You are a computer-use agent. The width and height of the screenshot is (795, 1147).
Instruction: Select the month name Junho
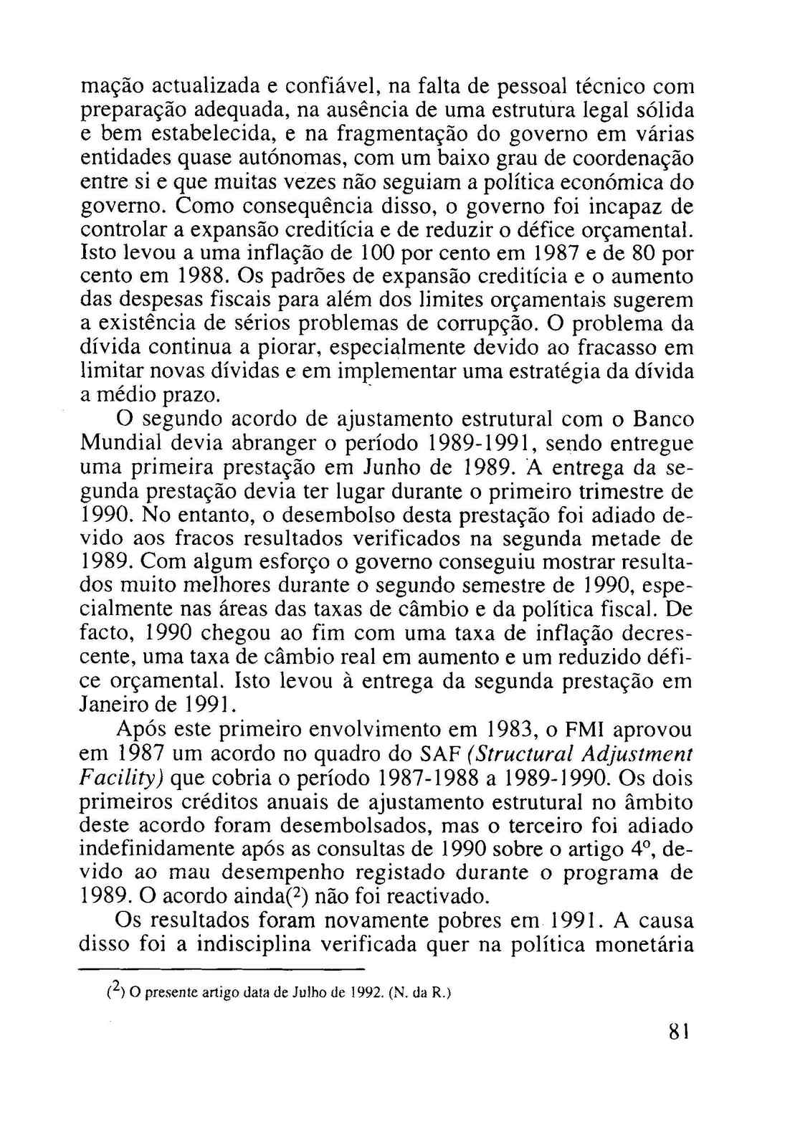[397, 467]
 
